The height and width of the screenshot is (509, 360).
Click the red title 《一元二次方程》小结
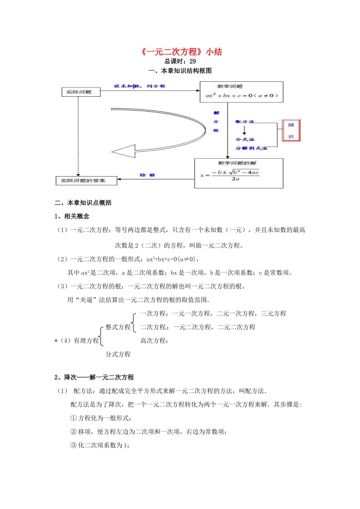pos(181,52)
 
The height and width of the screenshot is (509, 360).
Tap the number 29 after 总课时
pos(193,61)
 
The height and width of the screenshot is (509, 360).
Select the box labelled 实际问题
pos(80,92)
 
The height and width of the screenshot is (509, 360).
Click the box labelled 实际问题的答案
pos(86,181)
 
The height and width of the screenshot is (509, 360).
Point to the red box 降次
pos(291,131)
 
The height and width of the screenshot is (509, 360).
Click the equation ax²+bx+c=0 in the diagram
pos(242,95)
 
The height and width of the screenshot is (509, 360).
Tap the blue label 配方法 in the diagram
pos(245,122)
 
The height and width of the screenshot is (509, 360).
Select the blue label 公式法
pos(245,139)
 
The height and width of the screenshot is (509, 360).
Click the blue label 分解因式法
pos(251,148)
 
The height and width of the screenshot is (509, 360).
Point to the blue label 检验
pos(147,175)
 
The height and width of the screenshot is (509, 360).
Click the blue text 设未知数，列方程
pos(139,86)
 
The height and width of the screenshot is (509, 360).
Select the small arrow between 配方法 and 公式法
pos(244,130)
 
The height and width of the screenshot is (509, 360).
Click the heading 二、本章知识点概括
pos(83,203)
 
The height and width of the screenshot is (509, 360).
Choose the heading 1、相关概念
pos(72,216)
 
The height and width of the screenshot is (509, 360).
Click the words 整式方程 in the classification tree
pos(118,327)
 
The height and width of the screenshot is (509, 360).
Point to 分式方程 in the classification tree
pos(118,354)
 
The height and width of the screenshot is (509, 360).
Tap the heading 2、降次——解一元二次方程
pos(94,377)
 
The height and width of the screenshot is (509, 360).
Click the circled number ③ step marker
pos(74,445)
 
